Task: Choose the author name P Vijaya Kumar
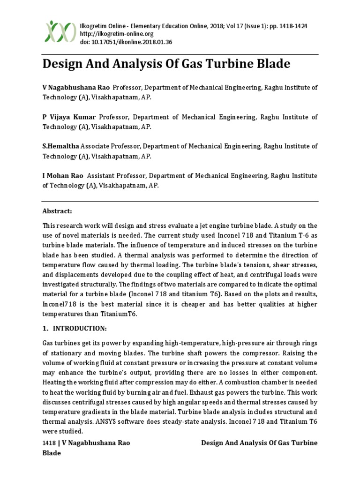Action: (x=69, y=117)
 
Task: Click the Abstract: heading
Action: (x=57, y=211)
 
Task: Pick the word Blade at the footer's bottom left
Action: (x=52, y=453)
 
